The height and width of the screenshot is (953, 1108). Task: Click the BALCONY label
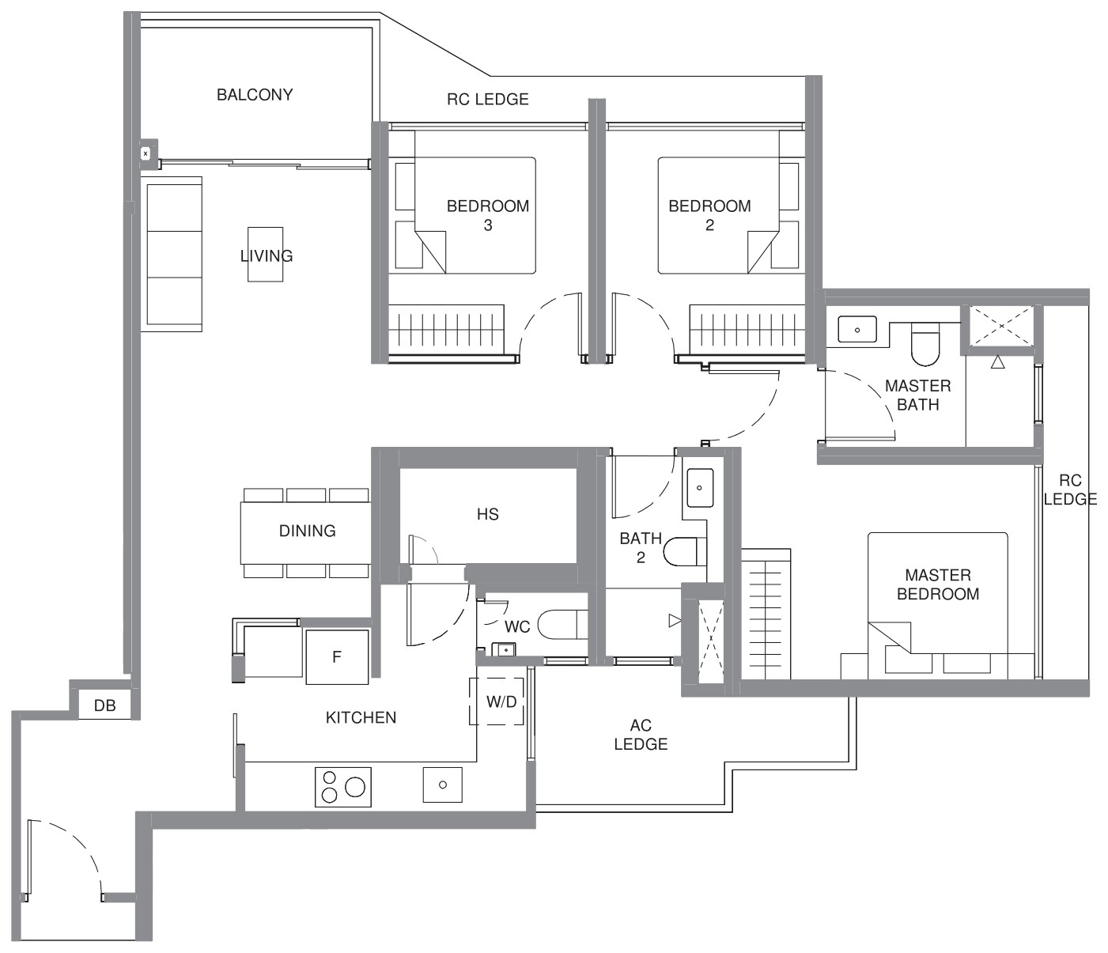click(255, 95)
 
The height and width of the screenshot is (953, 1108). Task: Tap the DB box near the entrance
click(105, 705)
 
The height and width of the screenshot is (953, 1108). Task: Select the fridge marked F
click(337, 656)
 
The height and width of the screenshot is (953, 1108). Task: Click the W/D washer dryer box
click(497, 702)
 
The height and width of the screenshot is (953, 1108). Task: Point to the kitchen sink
click(442, 785)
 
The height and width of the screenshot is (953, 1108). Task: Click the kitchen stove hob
click(342, 787)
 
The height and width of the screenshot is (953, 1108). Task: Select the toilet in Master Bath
click(926, 343)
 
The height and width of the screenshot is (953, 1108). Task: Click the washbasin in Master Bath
click(857, 329)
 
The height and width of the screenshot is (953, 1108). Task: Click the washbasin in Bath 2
click(700, 487)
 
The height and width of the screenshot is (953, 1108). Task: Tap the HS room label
click(488, 515)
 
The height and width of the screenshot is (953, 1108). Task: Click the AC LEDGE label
click(641, 734)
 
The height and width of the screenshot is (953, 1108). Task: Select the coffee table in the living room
click(266, 254)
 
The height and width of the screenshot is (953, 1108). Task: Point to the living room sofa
click(172, 254)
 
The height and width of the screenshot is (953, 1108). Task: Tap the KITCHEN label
click(361, 717)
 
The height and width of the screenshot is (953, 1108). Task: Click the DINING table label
click(307, 531)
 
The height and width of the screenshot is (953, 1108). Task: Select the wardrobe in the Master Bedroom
click(766, 614)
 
